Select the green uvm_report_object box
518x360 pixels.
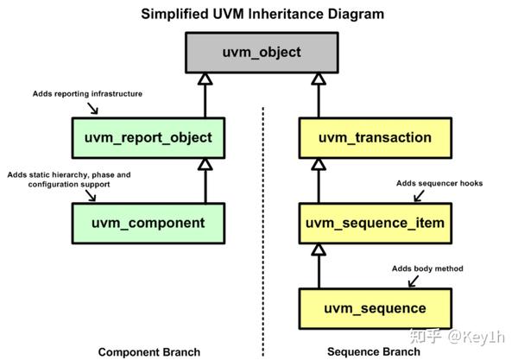point(148,137)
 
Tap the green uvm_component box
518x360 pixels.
point(148,223)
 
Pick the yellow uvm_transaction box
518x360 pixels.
point(376,137)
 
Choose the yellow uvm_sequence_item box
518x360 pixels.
point(376,223)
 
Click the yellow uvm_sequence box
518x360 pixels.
point(376,308)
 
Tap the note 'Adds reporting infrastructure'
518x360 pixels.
point(87,93)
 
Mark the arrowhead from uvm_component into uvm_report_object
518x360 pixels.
point(205,164)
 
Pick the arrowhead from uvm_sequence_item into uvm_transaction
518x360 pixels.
point(319,164)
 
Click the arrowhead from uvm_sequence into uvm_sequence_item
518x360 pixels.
point(319,249)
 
